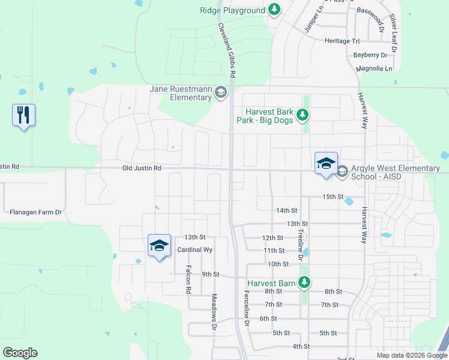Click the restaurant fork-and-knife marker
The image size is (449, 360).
[23, 115]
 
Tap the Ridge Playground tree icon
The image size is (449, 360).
[274, 10]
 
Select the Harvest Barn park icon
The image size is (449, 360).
[304, 282]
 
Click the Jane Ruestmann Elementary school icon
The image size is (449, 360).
[220, 92]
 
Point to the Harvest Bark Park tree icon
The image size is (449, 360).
[304, 114]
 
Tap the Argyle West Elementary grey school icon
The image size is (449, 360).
[342, 172]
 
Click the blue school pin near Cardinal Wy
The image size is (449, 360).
[159, 245]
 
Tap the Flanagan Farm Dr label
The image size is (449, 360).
[36, 212]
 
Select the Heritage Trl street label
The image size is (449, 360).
[342, 41]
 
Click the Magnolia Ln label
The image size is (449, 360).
[373, 68]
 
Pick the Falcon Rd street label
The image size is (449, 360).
[188, 279]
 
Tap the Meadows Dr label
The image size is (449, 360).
[214, 311]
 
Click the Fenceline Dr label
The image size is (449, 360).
[246, 308]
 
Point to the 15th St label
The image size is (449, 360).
[333, 197]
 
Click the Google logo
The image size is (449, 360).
[20, 353]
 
